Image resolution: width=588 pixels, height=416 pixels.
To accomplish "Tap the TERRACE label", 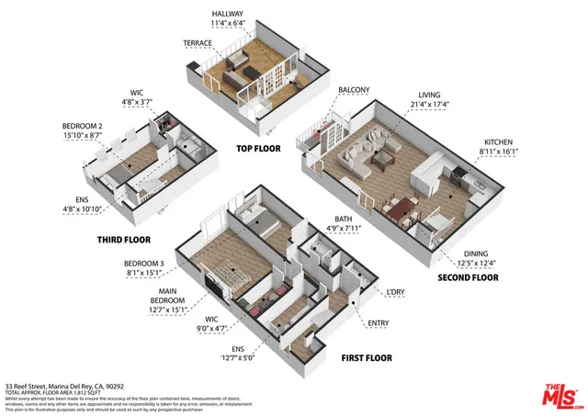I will [x=198, y=43].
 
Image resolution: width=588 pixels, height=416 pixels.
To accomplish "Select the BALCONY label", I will [x=354, y=89].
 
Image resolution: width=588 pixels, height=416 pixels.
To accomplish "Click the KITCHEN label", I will [x=500, y=142].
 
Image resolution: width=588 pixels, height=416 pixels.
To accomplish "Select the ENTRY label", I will [x=378, y=323].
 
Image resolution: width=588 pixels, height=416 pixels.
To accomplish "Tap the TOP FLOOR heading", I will [x=258, y=148].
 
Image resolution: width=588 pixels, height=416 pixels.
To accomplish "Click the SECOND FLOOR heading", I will [x=469, y=277].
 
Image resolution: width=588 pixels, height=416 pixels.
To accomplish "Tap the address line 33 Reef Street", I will [x=64, y=387].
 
